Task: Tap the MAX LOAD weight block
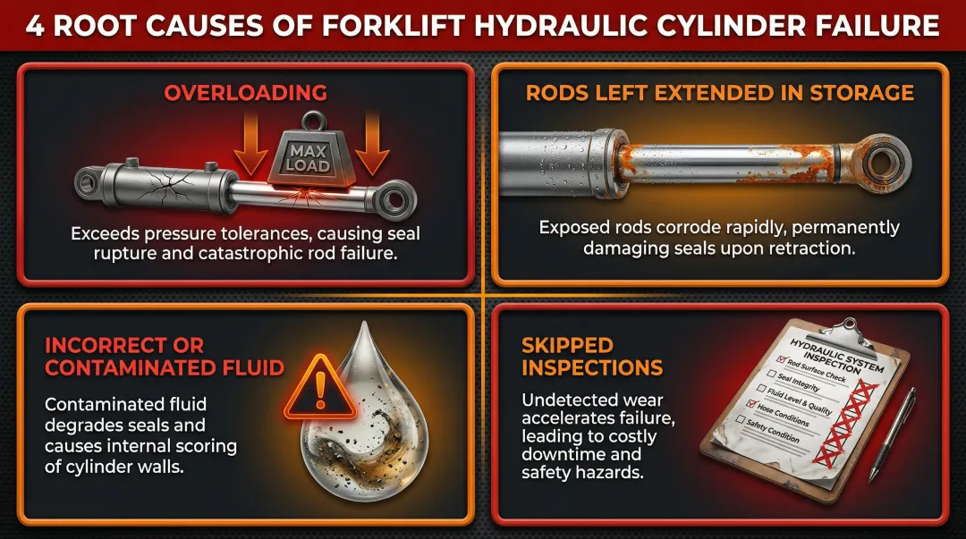pyautogui.click(x=308, y=161)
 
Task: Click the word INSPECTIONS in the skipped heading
pyautogui.click(x=592, y=367)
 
